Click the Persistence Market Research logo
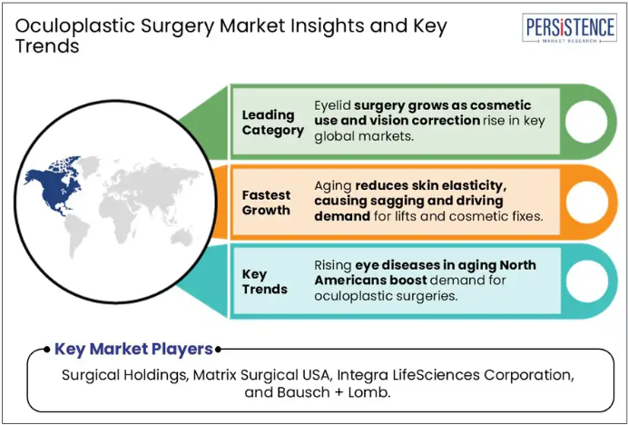[569, 27]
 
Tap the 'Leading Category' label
[273, 123]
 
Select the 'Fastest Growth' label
[266, 203]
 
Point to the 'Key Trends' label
[265, 282]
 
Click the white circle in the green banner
[586, 122]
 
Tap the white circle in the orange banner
[587, 203]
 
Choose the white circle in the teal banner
[587, 282]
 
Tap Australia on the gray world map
[182, 236]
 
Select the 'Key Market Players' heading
[133, 350]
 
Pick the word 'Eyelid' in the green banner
[332, 106]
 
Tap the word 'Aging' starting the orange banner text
[332, 186]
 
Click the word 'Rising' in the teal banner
[333, 265]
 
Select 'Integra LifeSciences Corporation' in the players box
[455, 375]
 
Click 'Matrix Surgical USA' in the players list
[262, 375]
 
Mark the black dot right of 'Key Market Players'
[218, 350]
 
